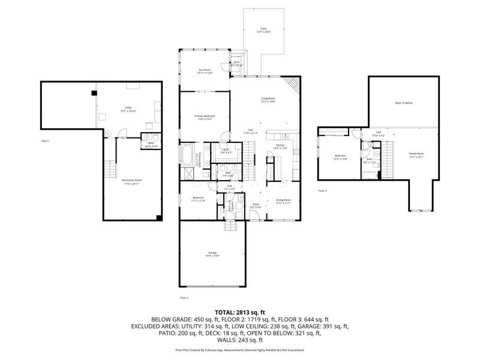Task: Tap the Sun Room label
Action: pos(205,70)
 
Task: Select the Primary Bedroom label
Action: pos(205,116)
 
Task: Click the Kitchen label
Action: pos(280,145)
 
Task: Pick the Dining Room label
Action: pos(283,200)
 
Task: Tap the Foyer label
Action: pos(255,205)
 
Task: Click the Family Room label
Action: pos(416,155)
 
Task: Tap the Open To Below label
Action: pos(403,103)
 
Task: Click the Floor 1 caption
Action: pos(46,141)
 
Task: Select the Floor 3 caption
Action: pos(323,191)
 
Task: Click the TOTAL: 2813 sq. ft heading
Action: pos(240,312)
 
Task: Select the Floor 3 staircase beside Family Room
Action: pos(389,158)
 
